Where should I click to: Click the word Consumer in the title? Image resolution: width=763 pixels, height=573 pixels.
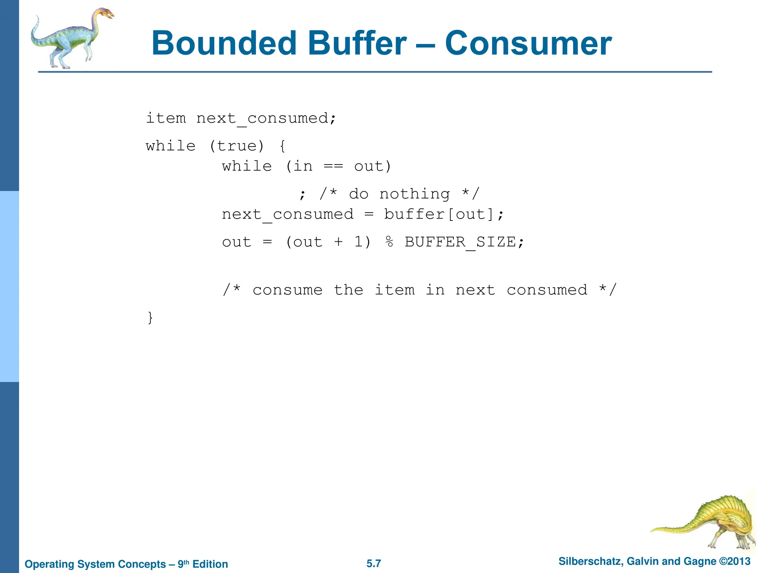click(528, 44)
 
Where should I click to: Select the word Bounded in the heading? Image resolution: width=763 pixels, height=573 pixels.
click(224, 44)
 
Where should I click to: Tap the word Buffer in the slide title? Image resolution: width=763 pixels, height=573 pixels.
click(357, 44)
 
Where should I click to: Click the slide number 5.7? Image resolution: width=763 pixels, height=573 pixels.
click(374, 563)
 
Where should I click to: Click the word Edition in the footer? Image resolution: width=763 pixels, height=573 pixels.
click(210, 564)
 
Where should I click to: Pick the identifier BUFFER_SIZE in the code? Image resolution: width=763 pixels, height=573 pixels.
click(460, 242)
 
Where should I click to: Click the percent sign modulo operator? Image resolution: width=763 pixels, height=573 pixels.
click(389, 242)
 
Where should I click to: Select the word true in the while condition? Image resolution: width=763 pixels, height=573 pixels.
click(236, 146)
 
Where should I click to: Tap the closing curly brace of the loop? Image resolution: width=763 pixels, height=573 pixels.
click(150, 318)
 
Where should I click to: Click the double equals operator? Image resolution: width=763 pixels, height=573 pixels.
click(333, 166)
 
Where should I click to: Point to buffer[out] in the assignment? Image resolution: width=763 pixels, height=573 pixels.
click(440, 215)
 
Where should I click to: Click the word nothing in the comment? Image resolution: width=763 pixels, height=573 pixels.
click(414, 194)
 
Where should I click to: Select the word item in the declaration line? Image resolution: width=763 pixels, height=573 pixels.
click(166, 118)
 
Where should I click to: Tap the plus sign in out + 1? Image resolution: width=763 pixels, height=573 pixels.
click(338, 242)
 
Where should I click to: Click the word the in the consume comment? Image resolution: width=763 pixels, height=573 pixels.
click(348, 290)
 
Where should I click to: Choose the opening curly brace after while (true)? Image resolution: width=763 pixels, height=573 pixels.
click(282, 146)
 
